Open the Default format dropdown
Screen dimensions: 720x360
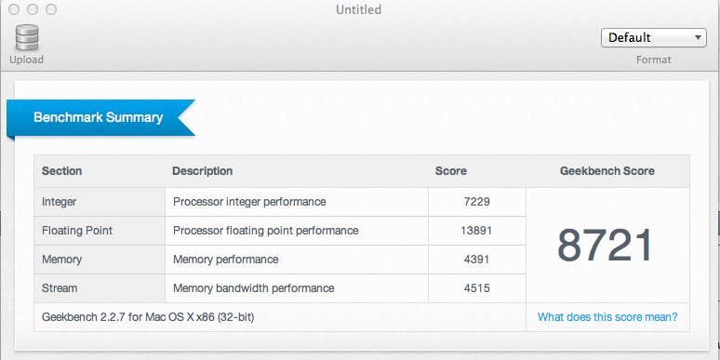(654, 38)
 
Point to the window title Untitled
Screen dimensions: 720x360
(359, 10)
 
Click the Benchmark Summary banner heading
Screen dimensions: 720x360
(98, 118)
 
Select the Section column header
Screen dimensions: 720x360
(62, 171)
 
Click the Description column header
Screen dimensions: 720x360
(202, 171)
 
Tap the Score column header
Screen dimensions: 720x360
(451, 171)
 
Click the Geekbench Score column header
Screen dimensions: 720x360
(607, 171)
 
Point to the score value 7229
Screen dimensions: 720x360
(474, 201)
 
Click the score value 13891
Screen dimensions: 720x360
(472, 231)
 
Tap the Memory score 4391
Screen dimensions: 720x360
(474, 260)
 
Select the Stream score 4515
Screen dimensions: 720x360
(474, 288)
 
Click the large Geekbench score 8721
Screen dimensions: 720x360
(607, 245)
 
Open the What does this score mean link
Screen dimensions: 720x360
(607, 317)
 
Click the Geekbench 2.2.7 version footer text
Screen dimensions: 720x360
(148, 317)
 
